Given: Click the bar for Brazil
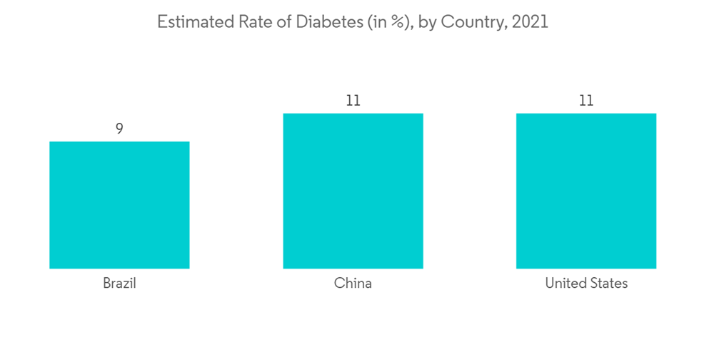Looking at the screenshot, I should pyautogui.click(x=119, y=205).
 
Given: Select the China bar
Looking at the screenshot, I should pyautogui.click(x=353, y=191).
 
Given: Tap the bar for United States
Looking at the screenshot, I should pyautogui.click(x=586, y=191).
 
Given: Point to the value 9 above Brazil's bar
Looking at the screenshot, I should pyautogui.click(x=119, y=129).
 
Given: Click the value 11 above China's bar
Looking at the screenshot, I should pyautogui.click(x=353, y=101).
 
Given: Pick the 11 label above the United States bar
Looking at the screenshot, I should pyautogui.click(x=586, y=101).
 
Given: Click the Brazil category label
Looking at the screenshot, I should pyautogui.click(x=119, y=284).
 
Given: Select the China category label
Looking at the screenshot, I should pyautogui.click(x=353, y=284).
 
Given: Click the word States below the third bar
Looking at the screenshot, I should pyautogui.click(x=608, y=284).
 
